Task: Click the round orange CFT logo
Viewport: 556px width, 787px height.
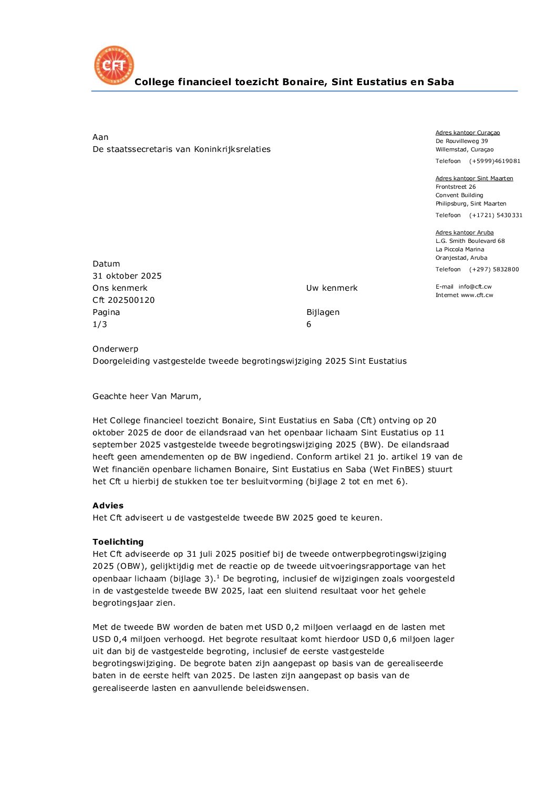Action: pos(114,65)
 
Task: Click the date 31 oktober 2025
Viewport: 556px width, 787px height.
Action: pos(127,276)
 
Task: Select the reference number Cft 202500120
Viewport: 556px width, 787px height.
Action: pos(123,300)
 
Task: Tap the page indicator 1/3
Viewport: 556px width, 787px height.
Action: pos(100,324)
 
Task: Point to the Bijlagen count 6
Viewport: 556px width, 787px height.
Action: pos(309,324)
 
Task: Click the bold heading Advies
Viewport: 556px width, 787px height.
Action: pos(108,506)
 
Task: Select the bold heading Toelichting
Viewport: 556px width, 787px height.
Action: pos(118,542)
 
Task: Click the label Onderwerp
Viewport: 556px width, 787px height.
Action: pos(116,349)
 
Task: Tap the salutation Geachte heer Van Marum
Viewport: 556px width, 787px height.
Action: pos(147,396)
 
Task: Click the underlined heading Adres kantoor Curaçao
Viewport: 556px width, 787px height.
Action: pos(468,133)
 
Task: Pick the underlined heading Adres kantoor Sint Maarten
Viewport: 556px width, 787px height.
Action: pos(474,179)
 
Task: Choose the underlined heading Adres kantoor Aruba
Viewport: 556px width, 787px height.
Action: pos(465,233)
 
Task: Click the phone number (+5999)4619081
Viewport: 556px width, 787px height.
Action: pos(495,161)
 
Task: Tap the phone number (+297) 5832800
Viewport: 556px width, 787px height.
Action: pos(494,270)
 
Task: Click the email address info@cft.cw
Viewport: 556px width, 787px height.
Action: pos(475,287)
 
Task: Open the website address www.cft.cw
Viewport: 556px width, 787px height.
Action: pos(477,295)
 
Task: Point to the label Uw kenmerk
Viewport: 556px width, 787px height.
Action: pos(332,288)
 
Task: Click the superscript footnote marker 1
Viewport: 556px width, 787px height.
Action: pos(218,577)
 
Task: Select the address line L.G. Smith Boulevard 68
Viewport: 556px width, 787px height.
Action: pos(470,241)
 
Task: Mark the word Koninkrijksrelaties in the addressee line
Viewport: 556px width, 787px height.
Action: pos(232,149)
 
